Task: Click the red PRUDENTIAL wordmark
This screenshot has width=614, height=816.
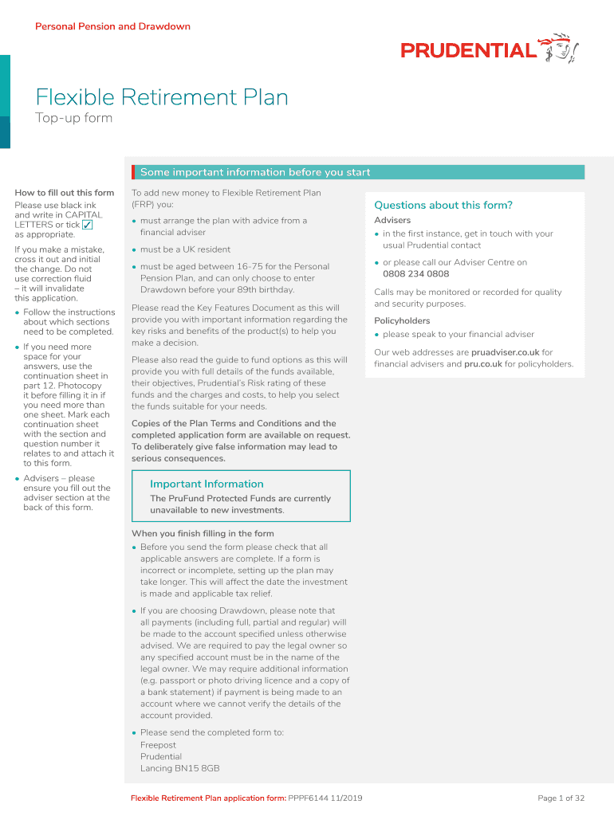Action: (x=468, y=51)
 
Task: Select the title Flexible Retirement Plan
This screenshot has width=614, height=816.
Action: (x=162, y=98)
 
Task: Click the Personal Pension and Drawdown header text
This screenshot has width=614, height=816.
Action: (x=112, y=26)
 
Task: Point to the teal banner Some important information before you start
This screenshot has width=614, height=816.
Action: (x=255, y=172)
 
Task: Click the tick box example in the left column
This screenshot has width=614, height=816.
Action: (x=88, y=225)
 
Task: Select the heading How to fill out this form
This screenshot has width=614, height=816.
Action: (x=65, y=193)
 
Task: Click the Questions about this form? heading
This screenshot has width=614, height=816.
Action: (x=443, y=205)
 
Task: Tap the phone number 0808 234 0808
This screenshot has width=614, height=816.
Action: (x=415, y=274)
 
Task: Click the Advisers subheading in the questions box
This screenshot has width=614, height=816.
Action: (x=392, y=220)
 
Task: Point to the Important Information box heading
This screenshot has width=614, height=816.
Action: (x=207, y=484)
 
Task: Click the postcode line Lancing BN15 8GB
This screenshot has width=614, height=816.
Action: (x=179, y=768)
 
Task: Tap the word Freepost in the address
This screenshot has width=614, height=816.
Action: (x=158, y=745)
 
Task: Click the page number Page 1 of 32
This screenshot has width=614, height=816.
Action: (x=561, y=798)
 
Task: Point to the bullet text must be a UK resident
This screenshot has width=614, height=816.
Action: (x=185, y=249)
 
